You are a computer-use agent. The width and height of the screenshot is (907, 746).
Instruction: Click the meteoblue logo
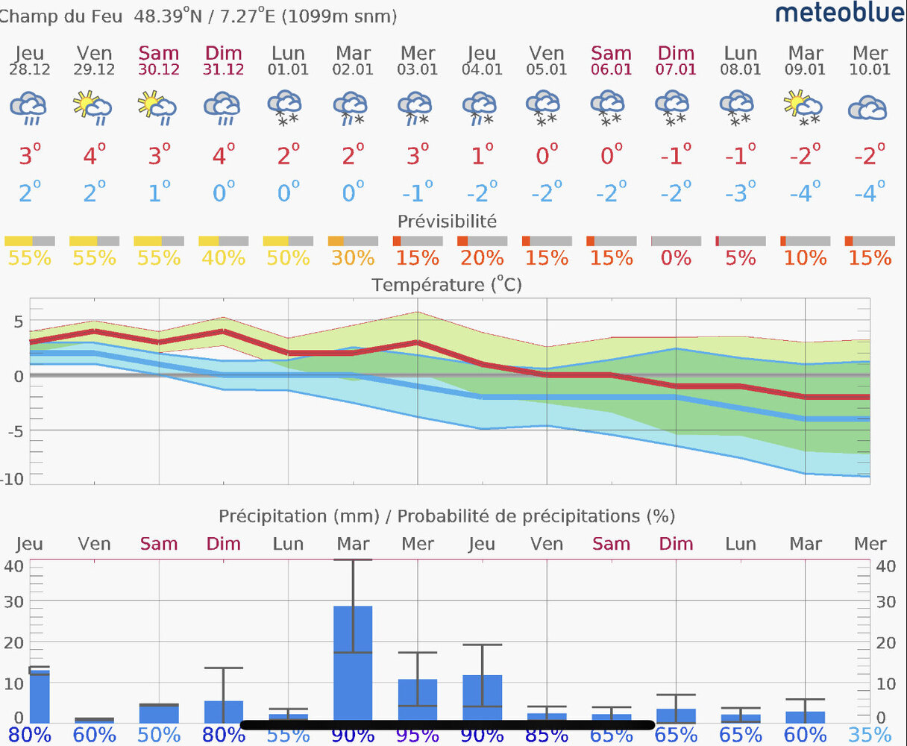tap(840, 13)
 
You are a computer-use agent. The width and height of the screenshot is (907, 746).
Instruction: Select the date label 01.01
tap(288, 69)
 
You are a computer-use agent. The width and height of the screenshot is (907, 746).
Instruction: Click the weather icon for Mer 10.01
tap(867, 108)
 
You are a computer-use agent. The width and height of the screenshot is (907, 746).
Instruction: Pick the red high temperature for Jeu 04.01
tap(482, 155)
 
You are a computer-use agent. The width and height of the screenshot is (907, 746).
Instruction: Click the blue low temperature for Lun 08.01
tap(741, 192)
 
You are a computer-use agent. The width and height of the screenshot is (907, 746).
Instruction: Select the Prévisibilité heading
tap(447, 221)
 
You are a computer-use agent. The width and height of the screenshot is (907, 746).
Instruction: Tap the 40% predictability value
tap(224, 258)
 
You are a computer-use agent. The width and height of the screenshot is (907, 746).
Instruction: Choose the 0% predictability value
tap(676, 258)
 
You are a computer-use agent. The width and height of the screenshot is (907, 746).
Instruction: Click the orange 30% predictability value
tap(353, 258)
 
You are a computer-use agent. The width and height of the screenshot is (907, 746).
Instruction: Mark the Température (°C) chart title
tap(447, 285)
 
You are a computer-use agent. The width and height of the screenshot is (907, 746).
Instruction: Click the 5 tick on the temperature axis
tap(19, 322)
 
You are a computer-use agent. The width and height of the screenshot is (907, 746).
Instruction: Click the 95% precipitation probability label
tap(418, 736)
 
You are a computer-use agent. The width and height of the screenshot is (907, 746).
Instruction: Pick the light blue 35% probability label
tap(870, 736)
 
